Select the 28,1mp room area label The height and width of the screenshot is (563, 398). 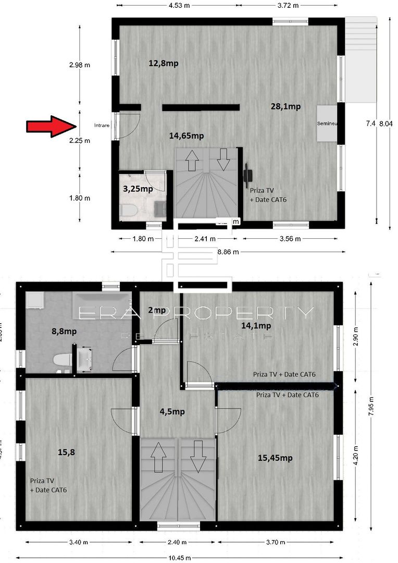(x=285, y=107)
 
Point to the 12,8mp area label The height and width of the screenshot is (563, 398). (x=164, y=63)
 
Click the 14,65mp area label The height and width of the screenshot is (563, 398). (x=186, y=136)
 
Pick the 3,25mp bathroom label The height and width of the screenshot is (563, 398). (x=138, y=189)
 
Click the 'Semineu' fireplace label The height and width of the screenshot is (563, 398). (x=328, y=124)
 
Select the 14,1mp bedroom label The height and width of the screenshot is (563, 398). (x=256, y=326)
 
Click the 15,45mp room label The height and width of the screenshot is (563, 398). (x=275, y=458)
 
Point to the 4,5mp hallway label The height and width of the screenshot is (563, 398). (x=172, y=411)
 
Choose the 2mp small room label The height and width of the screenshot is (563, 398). (x=157, y=310)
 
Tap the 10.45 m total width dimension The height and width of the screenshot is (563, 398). (x=180, y=558)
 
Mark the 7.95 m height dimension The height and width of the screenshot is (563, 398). (x=370, y=401)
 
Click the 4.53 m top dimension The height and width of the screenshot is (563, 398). (x=179, y=5)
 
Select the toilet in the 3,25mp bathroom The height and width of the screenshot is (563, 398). (x=128, y=211)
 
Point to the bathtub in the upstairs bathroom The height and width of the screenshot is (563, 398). (x=102, y=301)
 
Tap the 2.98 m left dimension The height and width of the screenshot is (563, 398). (x=79, y=65)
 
